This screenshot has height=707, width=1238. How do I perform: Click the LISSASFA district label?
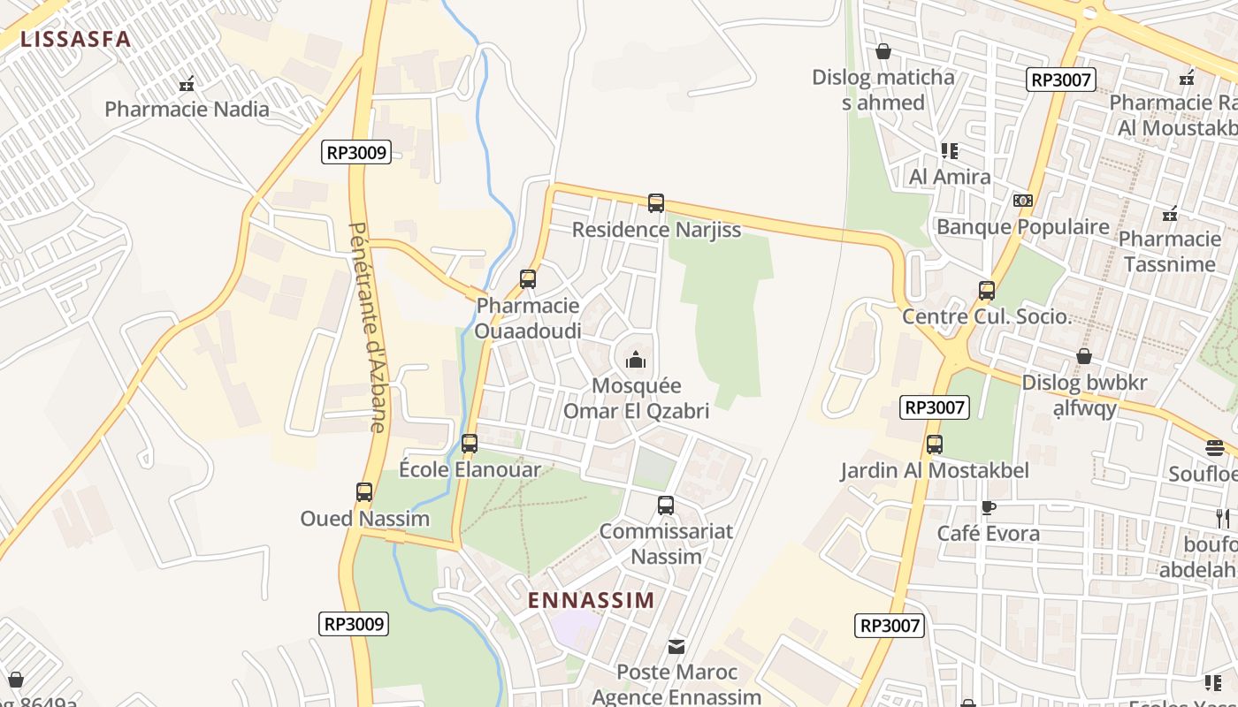coord(75,39)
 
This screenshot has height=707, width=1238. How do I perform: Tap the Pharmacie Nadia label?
coord(187,110)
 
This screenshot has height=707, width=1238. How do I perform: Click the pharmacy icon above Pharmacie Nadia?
coord(187,85)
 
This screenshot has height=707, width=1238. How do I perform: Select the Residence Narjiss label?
coord(656,230)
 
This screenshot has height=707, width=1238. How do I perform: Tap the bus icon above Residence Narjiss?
coord(656,203)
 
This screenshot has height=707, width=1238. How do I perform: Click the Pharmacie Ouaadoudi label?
coord(528,318)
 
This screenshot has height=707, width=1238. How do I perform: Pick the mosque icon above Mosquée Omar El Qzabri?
coord(636,360)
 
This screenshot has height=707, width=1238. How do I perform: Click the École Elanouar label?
coord(470,469)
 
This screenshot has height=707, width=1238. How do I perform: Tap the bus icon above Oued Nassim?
coord(364,492)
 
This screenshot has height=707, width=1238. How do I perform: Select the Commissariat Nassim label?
coord(666,544)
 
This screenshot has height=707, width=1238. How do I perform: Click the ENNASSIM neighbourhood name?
coord(592,600)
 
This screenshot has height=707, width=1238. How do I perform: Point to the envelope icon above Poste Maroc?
coord(676,647)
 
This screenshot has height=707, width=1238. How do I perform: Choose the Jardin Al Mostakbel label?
coord(935,470)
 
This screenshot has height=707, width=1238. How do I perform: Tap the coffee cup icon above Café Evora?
coord(988,507)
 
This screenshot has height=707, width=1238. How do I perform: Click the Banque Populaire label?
coord(1022,227)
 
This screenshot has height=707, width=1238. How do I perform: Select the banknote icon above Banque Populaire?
coord(1023,201)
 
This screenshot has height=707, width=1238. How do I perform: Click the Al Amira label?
coord(950,177)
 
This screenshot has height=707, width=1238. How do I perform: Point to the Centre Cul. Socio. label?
coord(986,316)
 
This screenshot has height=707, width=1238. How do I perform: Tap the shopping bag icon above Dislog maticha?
coord(883,52)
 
